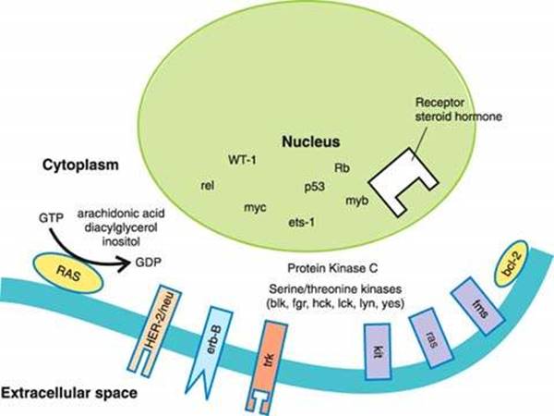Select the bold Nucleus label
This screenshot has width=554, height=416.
312,142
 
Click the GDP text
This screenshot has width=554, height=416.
148,262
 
